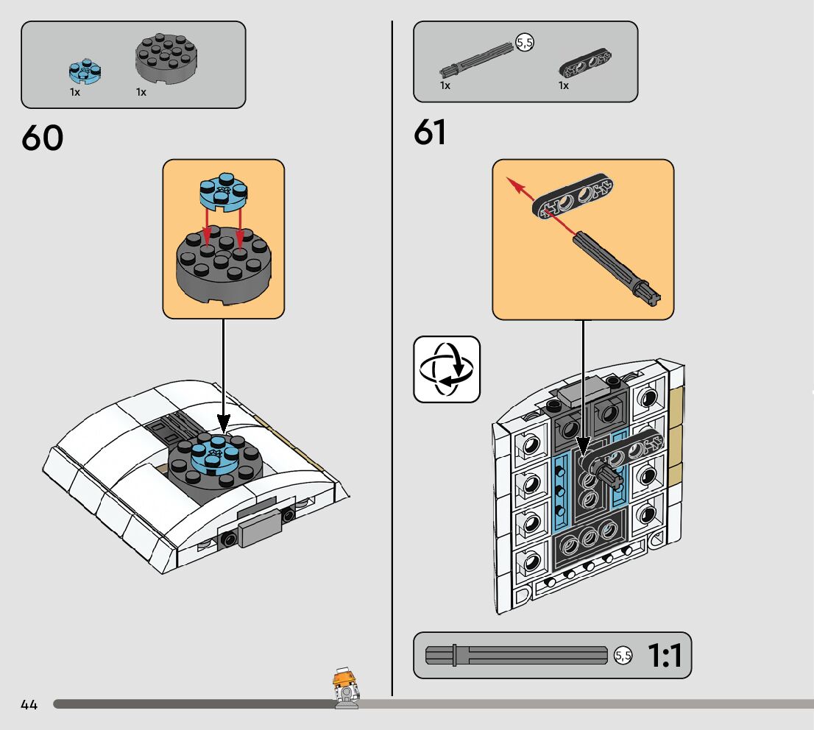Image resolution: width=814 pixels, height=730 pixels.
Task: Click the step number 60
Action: click(x=43, y=138)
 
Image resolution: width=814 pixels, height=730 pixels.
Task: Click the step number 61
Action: click(x=431, y=132)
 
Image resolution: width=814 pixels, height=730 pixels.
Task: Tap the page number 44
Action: click(x=29, y=705)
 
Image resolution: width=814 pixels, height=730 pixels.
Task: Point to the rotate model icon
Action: click(x=447, y=369)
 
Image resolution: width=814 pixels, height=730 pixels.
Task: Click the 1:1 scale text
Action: click(x=665, y=656)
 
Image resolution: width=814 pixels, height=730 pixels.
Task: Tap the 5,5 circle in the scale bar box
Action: click(x=623, y=656)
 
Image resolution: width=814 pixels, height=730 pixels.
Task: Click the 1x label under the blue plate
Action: click(x=75, y=93)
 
